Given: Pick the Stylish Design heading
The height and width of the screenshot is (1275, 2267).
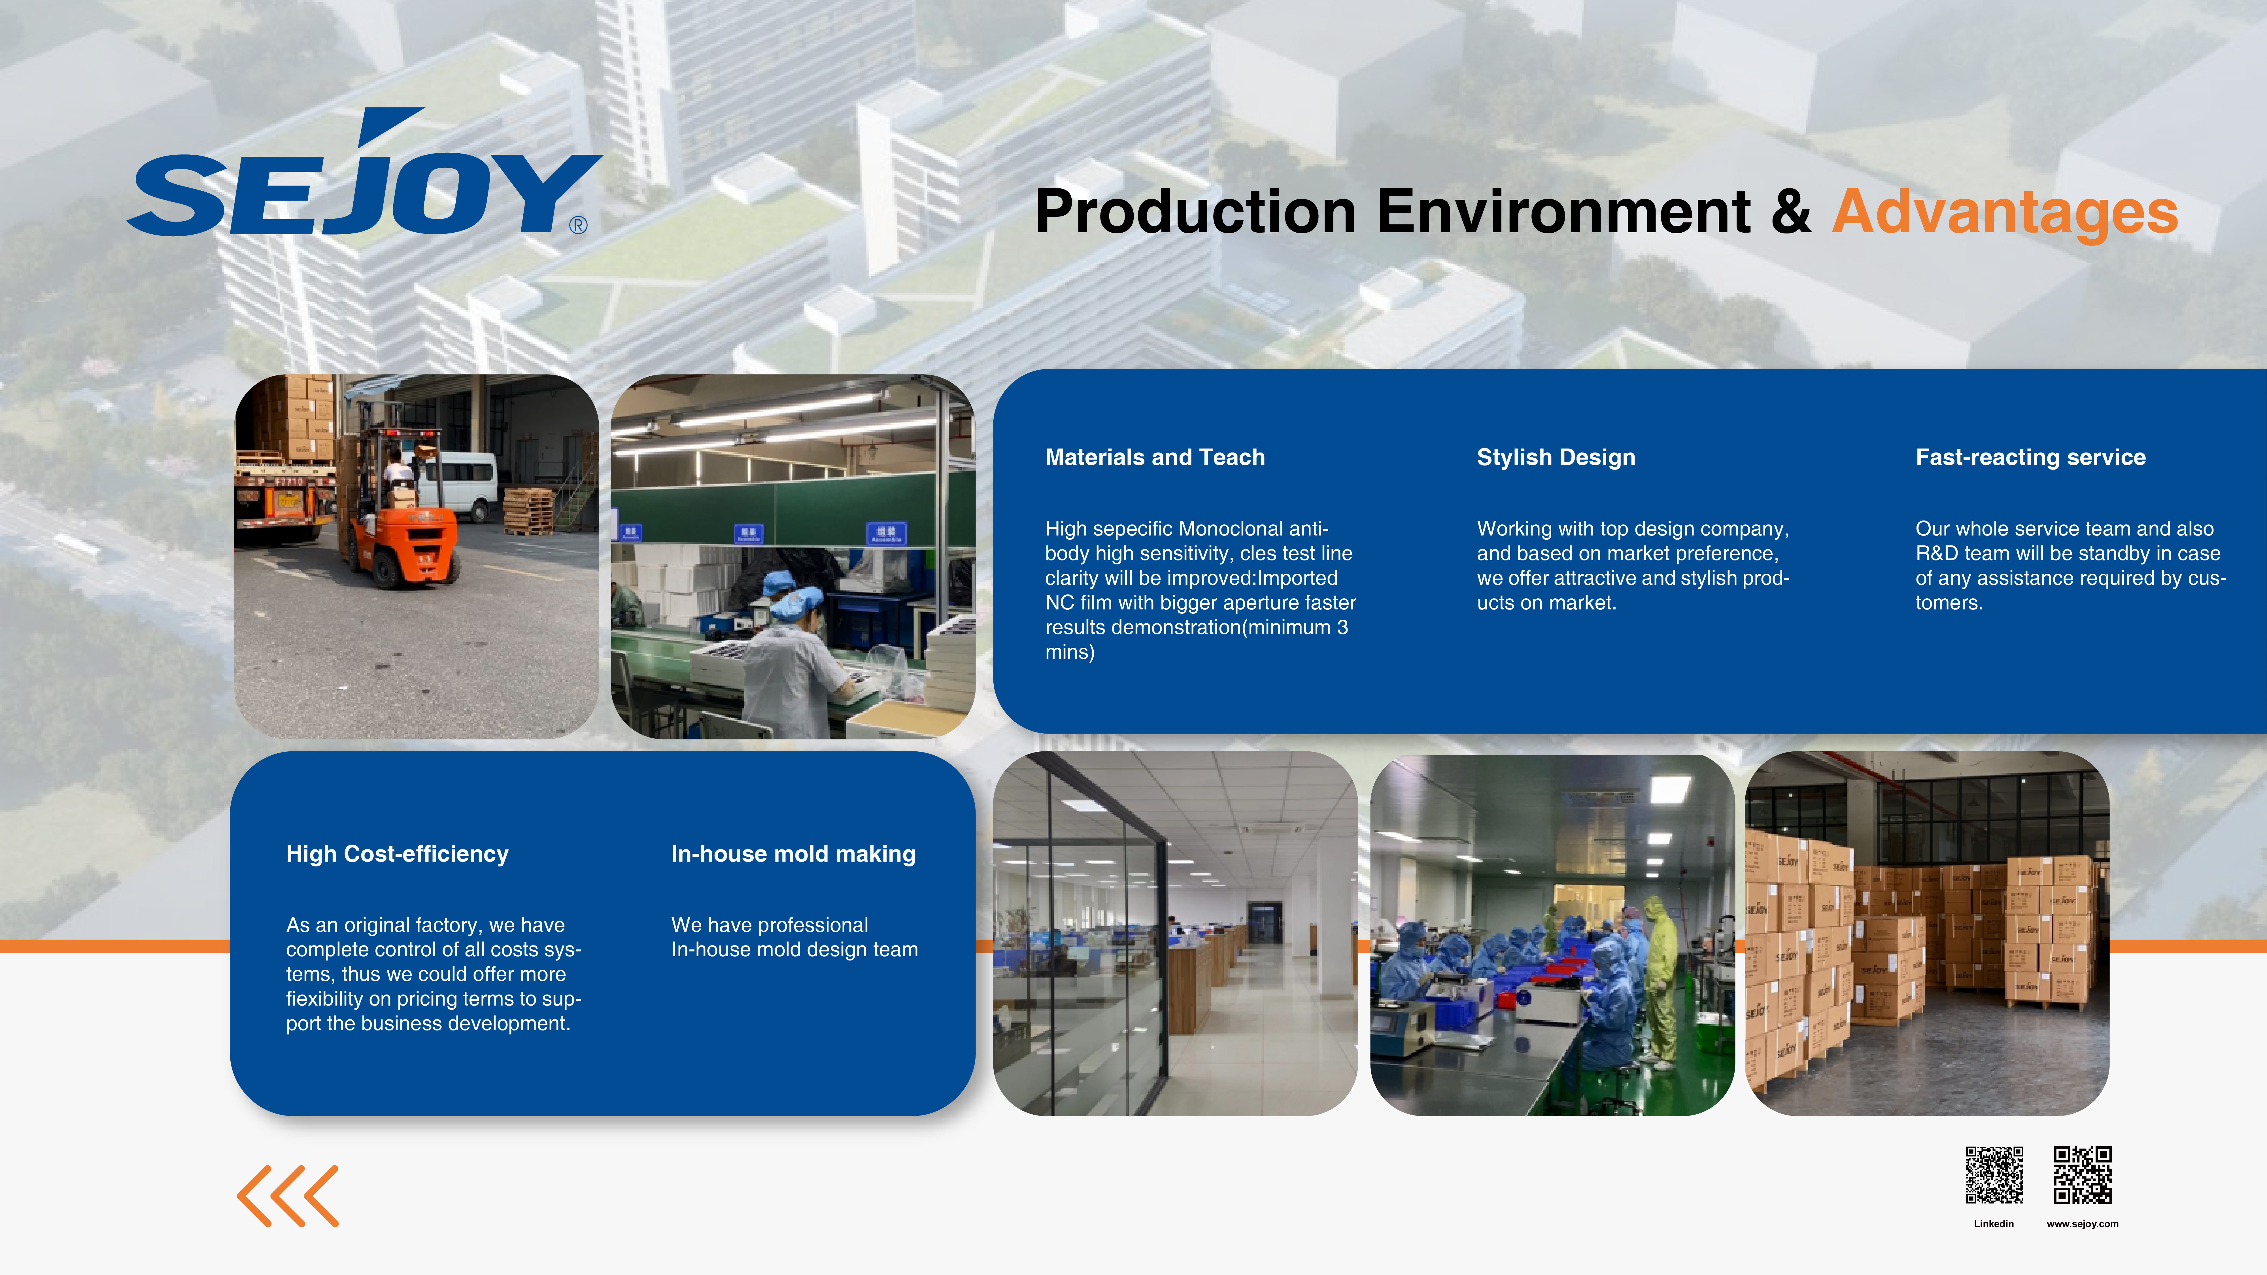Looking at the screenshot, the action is pos(1556,458).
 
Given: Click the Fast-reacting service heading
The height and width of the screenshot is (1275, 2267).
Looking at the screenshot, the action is pos(2030,458).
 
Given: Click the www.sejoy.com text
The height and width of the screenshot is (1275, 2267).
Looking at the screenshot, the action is pos(2082,1224).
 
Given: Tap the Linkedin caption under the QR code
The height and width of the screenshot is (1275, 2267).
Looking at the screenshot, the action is pos(1993,1224).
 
